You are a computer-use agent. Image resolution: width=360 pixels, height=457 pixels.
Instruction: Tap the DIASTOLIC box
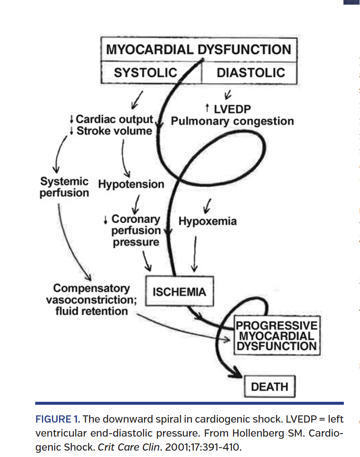click(x=250, y=73)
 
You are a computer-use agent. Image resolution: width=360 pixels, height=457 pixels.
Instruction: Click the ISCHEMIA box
click(x=179, y=292)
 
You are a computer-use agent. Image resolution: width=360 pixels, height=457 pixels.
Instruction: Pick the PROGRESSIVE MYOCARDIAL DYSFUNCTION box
click(x=276, y=336)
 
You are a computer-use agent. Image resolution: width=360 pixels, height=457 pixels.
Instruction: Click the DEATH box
click(x=269, y=387)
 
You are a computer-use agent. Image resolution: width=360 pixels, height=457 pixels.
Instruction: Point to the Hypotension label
click(x=131, y=184)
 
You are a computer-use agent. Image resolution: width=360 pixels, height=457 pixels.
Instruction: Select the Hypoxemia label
click(x=208, y=221)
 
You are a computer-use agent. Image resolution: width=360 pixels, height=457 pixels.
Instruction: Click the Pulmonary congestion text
click(x=232, y=121)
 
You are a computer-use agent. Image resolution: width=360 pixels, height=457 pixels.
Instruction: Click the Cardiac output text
click(x=114, y=119)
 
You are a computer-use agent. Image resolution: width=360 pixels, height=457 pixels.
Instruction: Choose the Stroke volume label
click(x=114, y=131)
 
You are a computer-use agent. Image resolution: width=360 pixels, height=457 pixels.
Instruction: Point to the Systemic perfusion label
click(x=65, y=187)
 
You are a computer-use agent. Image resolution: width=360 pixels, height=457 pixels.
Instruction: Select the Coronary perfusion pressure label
click(x=135, y=231)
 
